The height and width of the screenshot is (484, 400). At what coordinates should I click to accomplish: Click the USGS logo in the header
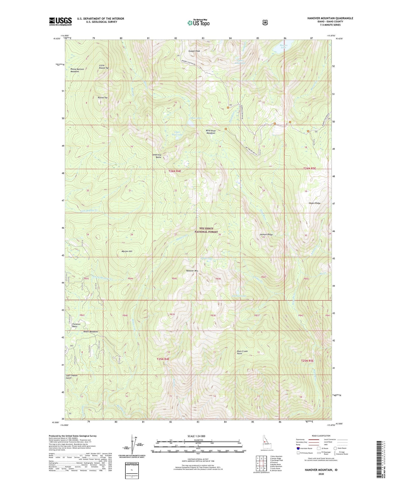coord(60,21)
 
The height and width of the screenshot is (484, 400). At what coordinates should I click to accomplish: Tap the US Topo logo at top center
coord(198,23)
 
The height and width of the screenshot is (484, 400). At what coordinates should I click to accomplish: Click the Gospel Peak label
coord(194,51)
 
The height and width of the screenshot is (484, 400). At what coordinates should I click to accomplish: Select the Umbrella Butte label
coord(157,156)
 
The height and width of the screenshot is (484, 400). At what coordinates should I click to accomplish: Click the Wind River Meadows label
coord(210,132)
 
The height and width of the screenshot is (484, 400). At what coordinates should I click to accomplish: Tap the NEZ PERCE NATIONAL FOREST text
coord(206,230)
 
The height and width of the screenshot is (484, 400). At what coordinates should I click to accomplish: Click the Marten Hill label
coord(127,251)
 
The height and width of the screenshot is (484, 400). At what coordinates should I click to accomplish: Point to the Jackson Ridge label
coord(266,235)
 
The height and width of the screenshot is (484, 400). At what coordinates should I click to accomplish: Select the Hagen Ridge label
coord(314,203)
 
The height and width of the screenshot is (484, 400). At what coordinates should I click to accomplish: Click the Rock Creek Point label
coord(242,352)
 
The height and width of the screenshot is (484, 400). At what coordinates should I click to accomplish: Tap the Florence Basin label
coord(76,325)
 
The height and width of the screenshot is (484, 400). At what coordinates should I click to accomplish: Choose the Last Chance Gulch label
coord(71,376)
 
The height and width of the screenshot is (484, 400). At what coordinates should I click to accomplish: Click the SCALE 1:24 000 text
coord(196,436)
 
